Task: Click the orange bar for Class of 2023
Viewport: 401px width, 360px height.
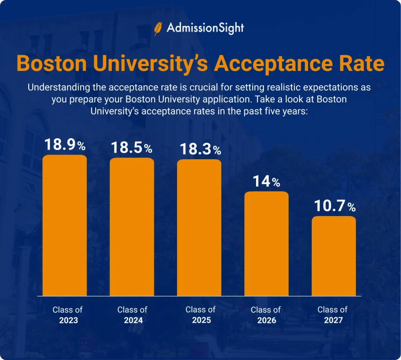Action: pyautogui.click(x=65, y=225)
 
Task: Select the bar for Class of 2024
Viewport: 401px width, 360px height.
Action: pyautogui.click(x=132, y=227)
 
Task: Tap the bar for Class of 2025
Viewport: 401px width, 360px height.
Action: pyautogui.click(x=199, y=228)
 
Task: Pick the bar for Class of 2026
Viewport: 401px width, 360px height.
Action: pyautogui.click(x=266, y=243)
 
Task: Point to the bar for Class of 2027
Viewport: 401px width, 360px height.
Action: pyautogui.click(x=334, y=256)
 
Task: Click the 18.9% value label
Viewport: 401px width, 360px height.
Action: pyautogui.click(x=65, y=145)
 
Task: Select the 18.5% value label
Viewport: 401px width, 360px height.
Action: pyautogui.click(x=132, y=148)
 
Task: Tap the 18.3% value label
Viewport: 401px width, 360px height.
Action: pyautogui.click(x=200, y=149)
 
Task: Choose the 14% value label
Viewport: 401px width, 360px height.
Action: pyautogui.click(x=266, y=182)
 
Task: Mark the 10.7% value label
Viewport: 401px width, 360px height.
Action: pyautogui.click(x=334, y=206)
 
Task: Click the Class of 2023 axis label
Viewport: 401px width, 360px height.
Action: pyautogui.click(x=68, y=315)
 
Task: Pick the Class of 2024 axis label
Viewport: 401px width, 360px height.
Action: pyautogui.click(x=132, y=315)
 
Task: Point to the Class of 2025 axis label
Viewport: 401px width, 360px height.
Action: pyautogui.click(x=200, y=315)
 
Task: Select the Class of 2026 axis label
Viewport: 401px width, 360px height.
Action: pyautogui.click(x=266, y=315)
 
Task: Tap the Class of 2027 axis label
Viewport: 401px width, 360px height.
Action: pyautogui.click(x=332, y=315)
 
